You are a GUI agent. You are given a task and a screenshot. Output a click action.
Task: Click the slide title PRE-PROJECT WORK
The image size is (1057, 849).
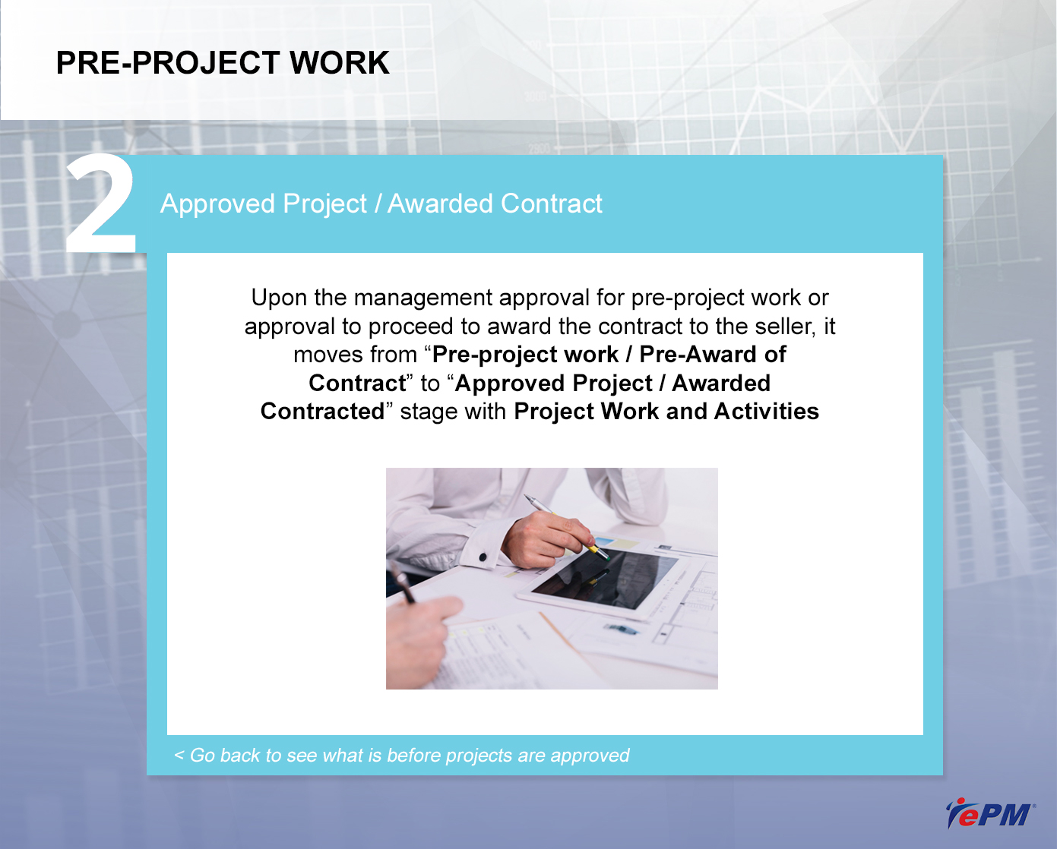(223, 63)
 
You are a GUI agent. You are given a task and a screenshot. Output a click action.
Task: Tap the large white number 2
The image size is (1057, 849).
(101, 204)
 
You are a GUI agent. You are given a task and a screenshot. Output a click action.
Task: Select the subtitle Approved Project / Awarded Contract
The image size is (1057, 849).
(381, 204)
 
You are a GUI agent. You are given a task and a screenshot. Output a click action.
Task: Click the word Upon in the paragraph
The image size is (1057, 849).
(278, 298)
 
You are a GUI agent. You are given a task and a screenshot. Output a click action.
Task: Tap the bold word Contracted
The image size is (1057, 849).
(322, 412)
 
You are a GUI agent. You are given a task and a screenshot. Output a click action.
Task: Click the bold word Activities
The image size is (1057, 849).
(766, 412)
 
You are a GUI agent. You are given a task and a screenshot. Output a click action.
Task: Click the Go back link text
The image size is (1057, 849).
(401, 755)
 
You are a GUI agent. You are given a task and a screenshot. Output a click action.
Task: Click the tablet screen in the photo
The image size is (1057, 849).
(605, 579)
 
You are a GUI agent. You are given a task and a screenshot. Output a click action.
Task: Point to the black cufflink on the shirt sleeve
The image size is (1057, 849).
(483, 557)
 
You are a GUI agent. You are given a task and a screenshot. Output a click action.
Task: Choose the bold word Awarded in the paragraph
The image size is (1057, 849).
(721, 383)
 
